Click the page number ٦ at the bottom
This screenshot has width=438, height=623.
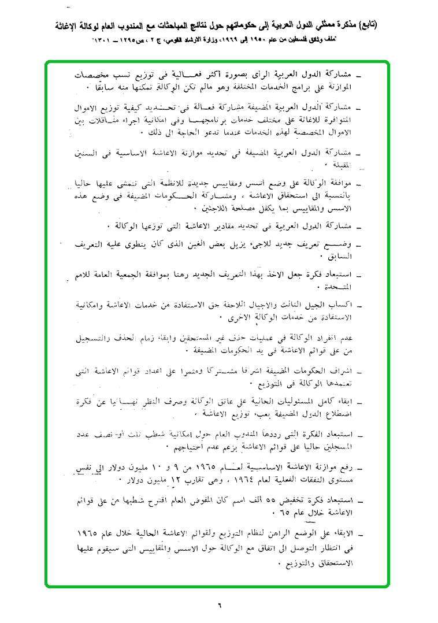tap(220, 605)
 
